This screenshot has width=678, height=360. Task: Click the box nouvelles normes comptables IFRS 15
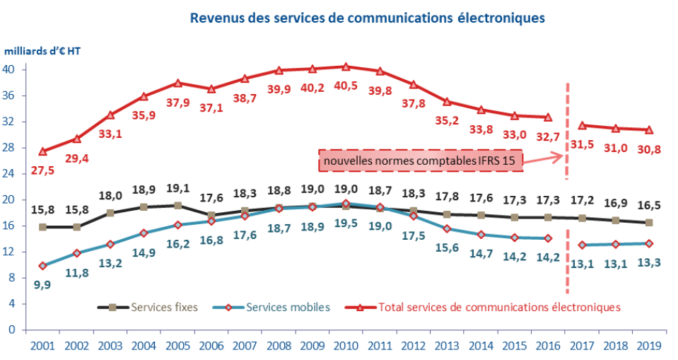pos(421,161)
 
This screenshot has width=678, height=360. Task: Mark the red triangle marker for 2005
pos(177,83)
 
